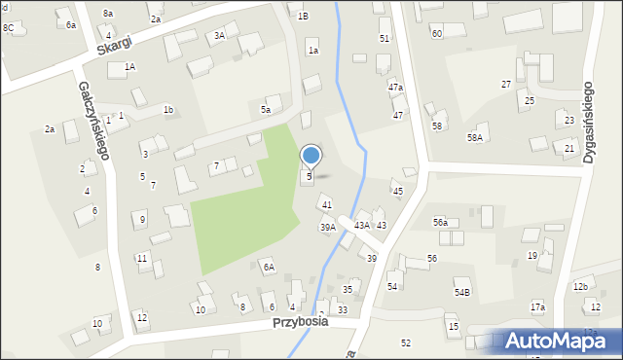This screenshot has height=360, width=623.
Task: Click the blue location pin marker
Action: tap(311, 156)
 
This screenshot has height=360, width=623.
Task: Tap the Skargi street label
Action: tap(114, 45)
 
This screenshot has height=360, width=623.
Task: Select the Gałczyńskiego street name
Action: tap(94, 121)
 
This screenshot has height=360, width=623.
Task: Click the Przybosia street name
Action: tap(300, 321)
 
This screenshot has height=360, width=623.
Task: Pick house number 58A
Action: tap(474, 138)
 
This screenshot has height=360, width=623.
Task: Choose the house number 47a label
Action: tap(395, 88)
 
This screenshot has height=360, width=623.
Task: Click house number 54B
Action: tap(462, 292)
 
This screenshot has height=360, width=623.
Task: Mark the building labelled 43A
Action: tap(361, 225)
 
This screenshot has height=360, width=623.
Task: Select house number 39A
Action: tap(328, 228)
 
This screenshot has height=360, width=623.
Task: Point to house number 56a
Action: tap(440, 223)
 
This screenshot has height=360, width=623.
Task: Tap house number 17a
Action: tap(537, 307)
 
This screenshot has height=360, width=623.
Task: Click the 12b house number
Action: tap(580, 286)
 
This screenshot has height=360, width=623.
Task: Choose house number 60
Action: tap(436, 33)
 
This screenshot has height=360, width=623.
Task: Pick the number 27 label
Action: tap(506, 85)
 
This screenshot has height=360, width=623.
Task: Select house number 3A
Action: tap(219, 36)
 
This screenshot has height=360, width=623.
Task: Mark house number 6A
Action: tap(268, 267)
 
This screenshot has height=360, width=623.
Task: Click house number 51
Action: tap(385, 38)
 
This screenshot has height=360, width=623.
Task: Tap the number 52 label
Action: tap(406, 342)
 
